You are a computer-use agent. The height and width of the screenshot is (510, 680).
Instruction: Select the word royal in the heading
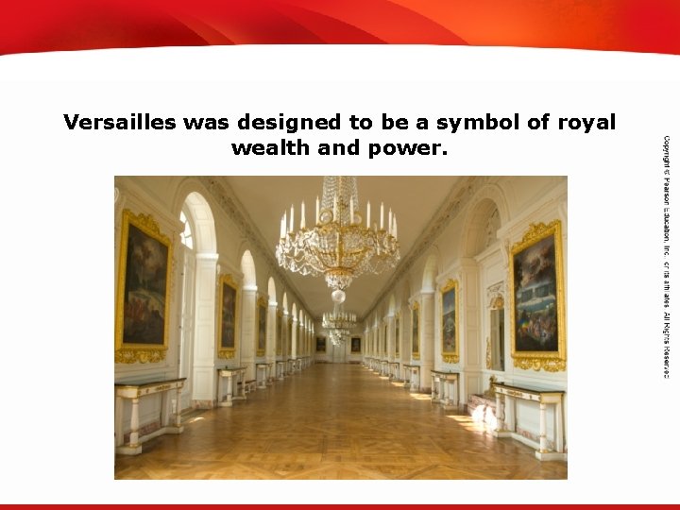[x=585, y=123]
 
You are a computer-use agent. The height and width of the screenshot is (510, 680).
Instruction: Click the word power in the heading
[x=407, y=148]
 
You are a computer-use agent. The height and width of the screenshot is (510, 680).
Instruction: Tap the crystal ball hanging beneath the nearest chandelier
[x=338, y=296]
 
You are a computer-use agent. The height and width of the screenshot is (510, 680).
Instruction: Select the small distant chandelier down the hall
[x=337, y=321]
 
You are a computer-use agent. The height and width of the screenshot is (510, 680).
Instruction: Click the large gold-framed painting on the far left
[x=144, y=287]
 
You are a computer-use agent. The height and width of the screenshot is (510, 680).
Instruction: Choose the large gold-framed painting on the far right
[x=536, y=294]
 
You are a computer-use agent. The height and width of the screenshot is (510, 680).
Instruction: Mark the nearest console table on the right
[x=527, y=416]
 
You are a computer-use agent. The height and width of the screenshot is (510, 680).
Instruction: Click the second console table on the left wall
[x=231, y=382]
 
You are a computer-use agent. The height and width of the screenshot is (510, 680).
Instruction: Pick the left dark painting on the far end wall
[x=321, y=344]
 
